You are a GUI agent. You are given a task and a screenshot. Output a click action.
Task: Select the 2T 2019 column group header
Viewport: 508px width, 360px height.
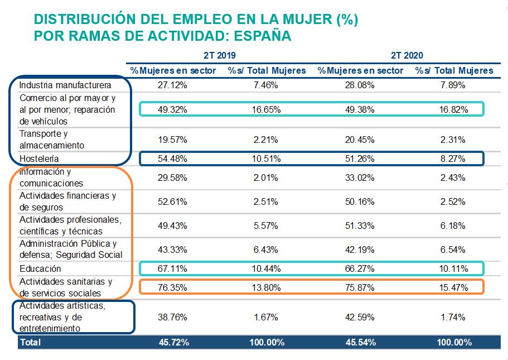pos(220,55)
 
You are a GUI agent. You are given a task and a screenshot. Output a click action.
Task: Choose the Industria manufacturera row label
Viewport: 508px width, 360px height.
pos(65,85)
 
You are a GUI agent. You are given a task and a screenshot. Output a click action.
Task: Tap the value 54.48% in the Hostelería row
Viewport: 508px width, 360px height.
pos(173,159)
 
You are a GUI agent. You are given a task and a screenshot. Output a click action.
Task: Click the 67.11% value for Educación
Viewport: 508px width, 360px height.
pos(173,269)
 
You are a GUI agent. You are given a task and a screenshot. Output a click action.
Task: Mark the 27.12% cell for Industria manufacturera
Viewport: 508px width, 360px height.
pos(173,85)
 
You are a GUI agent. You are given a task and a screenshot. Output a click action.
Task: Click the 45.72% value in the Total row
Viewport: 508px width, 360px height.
pos(173,342)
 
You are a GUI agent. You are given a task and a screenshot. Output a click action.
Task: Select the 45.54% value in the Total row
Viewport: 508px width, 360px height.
pos(360,342)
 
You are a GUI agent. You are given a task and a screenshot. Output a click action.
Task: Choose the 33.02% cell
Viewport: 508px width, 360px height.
pos(360,177)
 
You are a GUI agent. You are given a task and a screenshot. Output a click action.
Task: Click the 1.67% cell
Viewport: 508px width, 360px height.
pos(267,316)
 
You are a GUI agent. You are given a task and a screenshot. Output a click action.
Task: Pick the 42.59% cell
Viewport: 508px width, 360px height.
pos(360,316)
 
